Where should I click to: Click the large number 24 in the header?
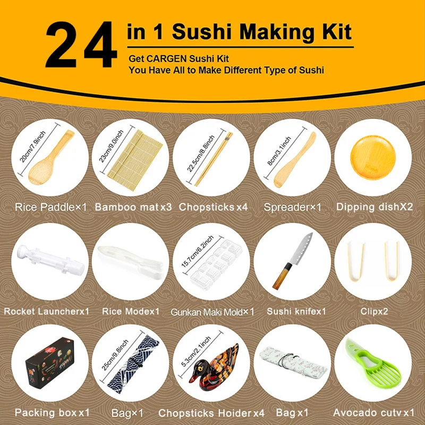pyautogui.click(x=81, y=45)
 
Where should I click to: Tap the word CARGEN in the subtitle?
pyautogui.click(x=167, y=58)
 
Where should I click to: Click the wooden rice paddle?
pyautogui.click(x=51, y=157)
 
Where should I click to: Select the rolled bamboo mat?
pyautogui.click(x=135, y=160)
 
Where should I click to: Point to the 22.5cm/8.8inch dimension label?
pyautogui.click(x=201, y=154)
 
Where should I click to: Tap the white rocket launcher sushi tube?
pyautogui.click(x=50, y=260)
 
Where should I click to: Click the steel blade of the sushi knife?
pyautogui.click(x=301, y=248)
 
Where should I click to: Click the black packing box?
pyautogui.click(x=50, y=363)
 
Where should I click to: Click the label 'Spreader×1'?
pyautogui.click(x=293, y=207)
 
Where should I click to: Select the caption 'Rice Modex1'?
pyautogui.click(x=131, y=311)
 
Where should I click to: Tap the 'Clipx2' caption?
pyautogui.click(x=374, y=311)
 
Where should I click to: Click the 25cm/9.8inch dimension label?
pyautogui.click(x=115, y=355)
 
